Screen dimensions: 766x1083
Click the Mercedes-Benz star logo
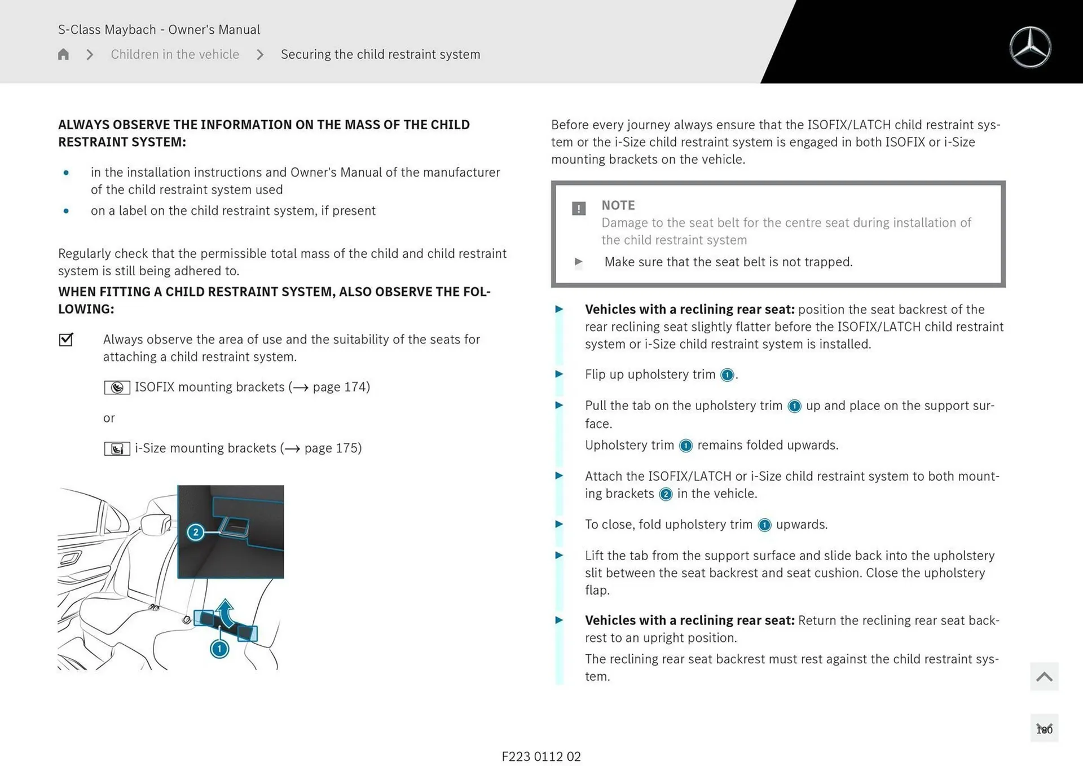pos(1030,47)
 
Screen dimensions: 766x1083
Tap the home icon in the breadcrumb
pos(63,54)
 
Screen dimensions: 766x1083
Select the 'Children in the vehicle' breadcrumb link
pos(175,54)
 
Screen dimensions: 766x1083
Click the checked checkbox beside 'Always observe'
pos(66,339)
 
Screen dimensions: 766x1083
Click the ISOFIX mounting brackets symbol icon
pos(117,388)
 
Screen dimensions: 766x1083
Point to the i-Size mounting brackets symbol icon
pos(117,448)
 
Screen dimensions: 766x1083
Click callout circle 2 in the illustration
pos(195,532)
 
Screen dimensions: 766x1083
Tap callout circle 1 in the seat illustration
pos(219,649)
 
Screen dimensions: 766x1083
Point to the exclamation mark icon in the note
pos(579,209)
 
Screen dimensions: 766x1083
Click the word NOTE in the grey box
pos(618,205)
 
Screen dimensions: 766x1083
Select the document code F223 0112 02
pos(541,756)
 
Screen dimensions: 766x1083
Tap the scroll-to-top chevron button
pos(1044,676)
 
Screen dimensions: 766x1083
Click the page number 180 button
pos(1044,729)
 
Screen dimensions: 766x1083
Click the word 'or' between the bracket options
pos(109,418)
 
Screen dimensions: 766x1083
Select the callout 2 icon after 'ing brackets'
pos(666,494)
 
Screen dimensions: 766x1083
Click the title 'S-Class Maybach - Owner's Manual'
pos(159,29)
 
